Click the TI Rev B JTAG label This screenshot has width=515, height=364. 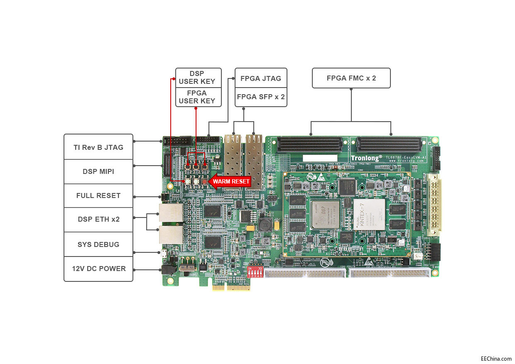pos(98,147)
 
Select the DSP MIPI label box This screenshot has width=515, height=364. pos(98,171)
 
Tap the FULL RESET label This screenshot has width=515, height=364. pos(98,195)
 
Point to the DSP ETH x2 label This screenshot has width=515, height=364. pos(98,219)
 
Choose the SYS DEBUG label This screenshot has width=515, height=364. pos(98,244)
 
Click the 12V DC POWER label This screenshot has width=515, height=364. pos(98,269)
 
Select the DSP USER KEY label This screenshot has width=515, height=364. pos(197,78)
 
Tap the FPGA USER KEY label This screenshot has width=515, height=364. pos(197,97)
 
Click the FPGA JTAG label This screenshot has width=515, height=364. pos(261,78)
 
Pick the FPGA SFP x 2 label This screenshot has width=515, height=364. pos(261,97)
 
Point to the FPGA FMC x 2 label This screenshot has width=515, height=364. pos(351,78)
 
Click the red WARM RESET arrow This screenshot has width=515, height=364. pos(230,181)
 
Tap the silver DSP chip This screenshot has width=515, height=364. pos(326,215)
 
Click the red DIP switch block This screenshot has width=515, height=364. pos(255,272)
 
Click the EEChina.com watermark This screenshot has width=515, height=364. pos(496,358)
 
